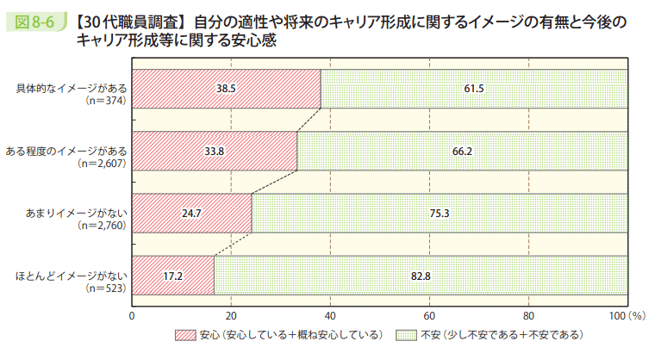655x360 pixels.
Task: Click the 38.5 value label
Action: pyautogui.click(x=226, y=89)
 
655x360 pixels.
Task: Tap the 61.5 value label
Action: pyautogui.click(x=474, y=89)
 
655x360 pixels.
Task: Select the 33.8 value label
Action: pyautogui.click(x=215, y=151)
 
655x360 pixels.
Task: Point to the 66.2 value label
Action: pyautogui.click(x=462, y=151)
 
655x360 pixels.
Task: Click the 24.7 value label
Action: pyautogui.click(x=191, y=213)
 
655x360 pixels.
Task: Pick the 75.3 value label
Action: pyautogui.click(x=439, y=213)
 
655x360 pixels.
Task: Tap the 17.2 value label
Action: pyautogui.click(x=172, y=276)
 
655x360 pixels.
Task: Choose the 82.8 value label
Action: pyautogui.click(x=421, y=276)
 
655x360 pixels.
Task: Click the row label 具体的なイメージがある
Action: pyautogui.click(x=72, y=88)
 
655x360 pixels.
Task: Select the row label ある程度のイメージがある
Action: pyautogui.click(x=66, y=150)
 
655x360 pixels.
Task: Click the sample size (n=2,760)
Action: pyautogui.click(x=100, y=225)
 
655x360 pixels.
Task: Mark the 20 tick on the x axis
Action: pyautogui.click(x=231, y=316)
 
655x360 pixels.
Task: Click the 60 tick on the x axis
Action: pyautogui.click(x=429, y=316)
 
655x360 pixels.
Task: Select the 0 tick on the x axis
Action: pyautogui.click(x=132, y=316)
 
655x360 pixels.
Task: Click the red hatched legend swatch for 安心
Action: pyautogui.click(x=185, y=334)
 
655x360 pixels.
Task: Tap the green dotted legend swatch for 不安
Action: pyautogui.click(x=406, y=334)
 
